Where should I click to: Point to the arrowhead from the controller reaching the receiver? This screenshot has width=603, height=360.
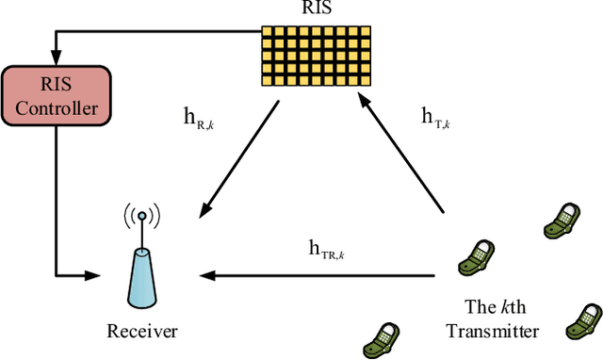(x=94, y=275)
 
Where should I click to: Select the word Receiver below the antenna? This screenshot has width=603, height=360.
(x=142, y=331)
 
